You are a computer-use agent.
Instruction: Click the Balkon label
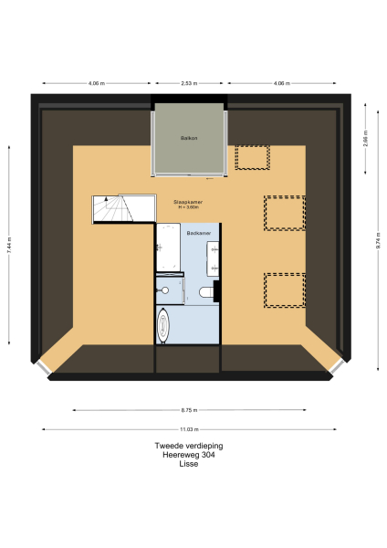[189, 138]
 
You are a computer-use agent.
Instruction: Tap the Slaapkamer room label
[187, 202]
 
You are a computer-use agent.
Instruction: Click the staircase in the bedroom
[112, 209]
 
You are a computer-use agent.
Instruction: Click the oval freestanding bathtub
[164, 325]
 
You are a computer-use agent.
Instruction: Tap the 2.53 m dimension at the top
[189, 83]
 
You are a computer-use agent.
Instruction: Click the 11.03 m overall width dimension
[189, 428]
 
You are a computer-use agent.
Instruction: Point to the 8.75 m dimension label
[189, 410]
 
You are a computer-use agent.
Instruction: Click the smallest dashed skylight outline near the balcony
[251, 157]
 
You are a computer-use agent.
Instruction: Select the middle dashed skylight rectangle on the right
[284, 213]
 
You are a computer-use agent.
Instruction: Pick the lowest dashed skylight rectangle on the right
[284, 290]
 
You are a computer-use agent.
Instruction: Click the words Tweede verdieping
[189, 446]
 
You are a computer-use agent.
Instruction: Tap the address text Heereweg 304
[189, 454]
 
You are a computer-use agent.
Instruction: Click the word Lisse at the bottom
[189, 463]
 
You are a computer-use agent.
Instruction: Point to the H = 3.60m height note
[188, 207]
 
